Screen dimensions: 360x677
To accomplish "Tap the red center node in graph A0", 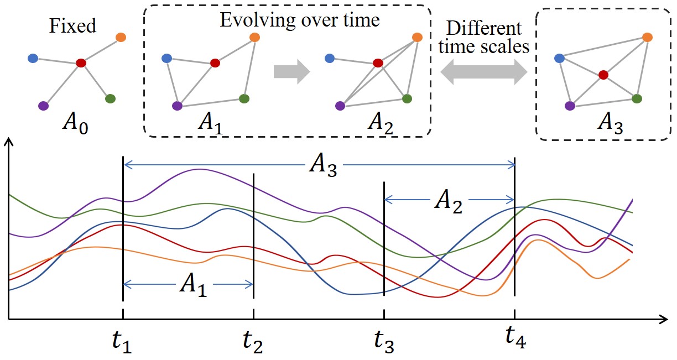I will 81,63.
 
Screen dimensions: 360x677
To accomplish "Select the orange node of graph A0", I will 121,37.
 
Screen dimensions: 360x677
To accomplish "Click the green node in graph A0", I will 110,99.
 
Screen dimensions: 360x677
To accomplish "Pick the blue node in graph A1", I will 165,58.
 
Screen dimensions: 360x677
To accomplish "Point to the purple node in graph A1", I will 178,105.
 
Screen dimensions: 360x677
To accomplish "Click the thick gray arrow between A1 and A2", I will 291,72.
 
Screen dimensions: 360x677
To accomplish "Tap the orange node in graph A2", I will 417,37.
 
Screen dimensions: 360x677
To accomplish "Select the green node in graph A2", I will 407,98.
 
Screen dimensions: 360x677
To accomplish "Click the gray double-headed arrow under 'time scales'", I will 485,72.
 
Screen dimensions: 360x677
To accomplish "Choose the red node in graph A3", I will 603,74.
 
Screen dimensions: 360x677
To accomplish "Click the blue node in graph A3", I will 559,58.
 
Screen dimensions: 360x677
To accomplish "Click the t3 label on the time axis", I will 383,341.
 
